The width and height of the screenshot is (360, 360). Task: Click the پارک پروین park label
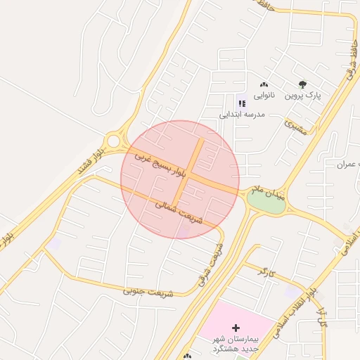pos(302,95)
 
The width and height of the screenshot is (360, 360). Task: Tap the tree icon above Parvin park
pos(302,84)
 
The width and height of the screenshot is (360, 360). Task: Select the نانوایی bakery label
pos(264,95)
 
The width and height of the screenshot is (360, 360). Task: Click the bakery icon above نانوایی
pos(264,84)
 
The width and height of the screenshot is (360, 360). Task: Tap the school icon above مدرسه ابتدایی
pos(242,103)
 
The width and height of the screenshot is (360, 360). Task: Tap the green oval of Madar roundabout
pos(266,202)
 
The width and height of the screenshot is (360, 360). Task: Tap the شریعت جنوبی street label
pos(147,289)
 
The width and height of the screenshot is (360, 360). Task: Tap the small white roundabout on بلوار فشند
pos(113,141)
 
